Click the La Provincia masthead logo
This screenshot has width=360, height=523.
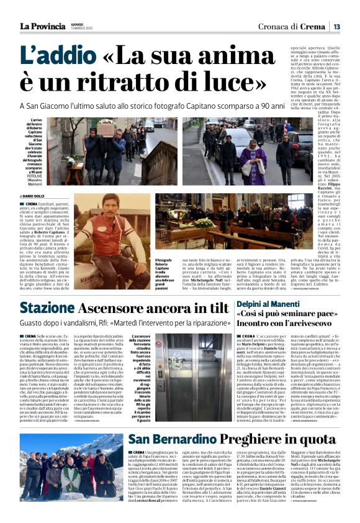point(42,25)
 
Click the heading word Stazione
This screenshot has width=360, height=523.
point(47,308)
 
